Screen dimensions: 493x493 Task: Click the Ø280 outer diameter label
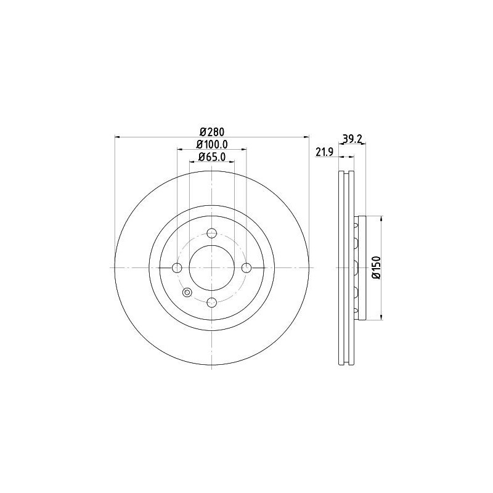point(211,131)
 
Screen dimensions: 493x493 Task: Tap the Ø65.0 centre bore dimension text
point(212,157)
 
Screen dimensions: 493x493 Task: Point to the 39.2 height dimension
point(351,139)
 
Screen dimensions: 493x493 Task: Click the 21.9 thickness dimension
point(324,152)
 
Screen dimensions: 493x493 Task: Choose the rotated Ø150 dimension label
point(377,267)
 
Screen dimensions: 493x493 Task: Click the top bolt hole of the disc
point(212,233)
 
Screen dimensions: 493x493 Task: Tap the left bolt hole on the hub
point(177,267)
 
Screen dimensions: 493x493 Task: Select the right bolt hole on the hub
point(246,267)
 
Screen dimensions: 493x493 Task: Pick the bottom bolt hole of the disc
point(212,302)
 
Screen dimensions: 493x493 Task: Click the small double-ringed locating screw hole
point(188,292)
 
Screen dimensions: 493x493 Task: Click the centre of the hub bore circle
point(212,267)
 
